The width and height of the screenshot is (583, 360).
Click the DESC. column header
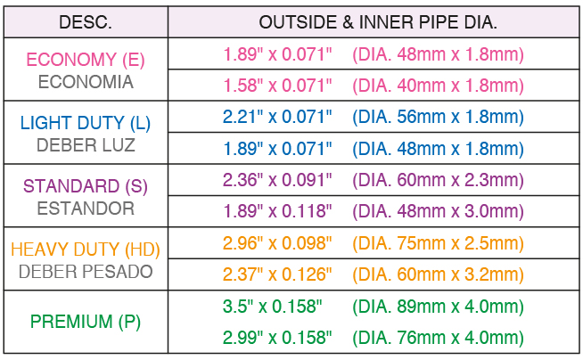pyautogui.click(x=86, y=22)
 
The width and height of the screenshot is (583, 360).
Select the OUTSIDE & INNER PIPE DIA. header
pyautogui.click(x=378, y=22)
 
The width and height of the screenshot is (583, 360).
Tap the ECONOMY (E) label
pyautogui.click(x=86, y=60)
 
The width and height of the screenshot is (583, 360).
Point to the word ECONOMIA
pyautogui.click(x=86, y=82)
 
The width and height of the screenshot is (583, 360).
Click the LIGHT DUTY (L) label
pyautogui.click(x=86, y=123)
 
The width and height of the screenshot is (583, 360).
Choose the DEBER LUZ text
pyautogui.click(x=86, y=145)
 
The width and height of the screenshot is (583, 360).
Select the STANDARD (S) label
pyautogui.click(x=86, y=186)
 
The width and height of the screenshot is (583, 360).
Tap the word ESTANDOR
pyautogui.click(x=86, y=209)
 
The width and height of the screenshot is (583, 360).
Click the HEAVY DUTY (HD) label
pyautogui.click(x=86, y=250)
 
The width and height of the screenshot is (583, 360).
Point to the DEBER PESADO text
pyautogui.click(x=86, y=272)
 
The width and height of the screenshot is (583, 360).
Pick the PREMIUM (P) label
pyautogui.click(x=86, y=322)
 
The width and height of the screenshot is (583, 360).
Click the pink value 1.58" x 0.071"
pyautogui.click(x=277, y=86)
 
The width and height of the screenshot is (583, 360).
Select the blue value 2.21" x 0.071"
pyautogui.click(x=277, y=117)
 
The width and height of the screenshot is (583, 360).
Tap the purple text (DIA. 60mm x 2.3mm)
pyautogui.click(x=438, y=181)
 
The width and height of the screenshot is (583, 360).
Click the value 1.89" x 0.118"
pyautogui.click(x=277, y=211)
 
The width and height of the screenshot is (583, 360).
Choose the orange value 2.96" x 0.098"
pyautogui.click(x=277, y=243)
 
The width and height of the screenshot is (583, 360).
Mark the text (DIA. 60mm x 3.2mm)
pyautogui.click(x=438, y=275)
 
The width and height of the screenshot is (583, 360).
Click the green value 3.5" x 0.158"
pyautogui.click(x=273, y=307)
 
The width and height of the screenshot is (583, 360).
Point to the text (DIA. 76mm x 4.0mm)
pyautogui.click(x=438, y=338)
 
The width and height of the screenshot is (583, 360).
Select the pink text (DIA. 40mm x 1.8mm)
pyautogui.click(x=438, y=86)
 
